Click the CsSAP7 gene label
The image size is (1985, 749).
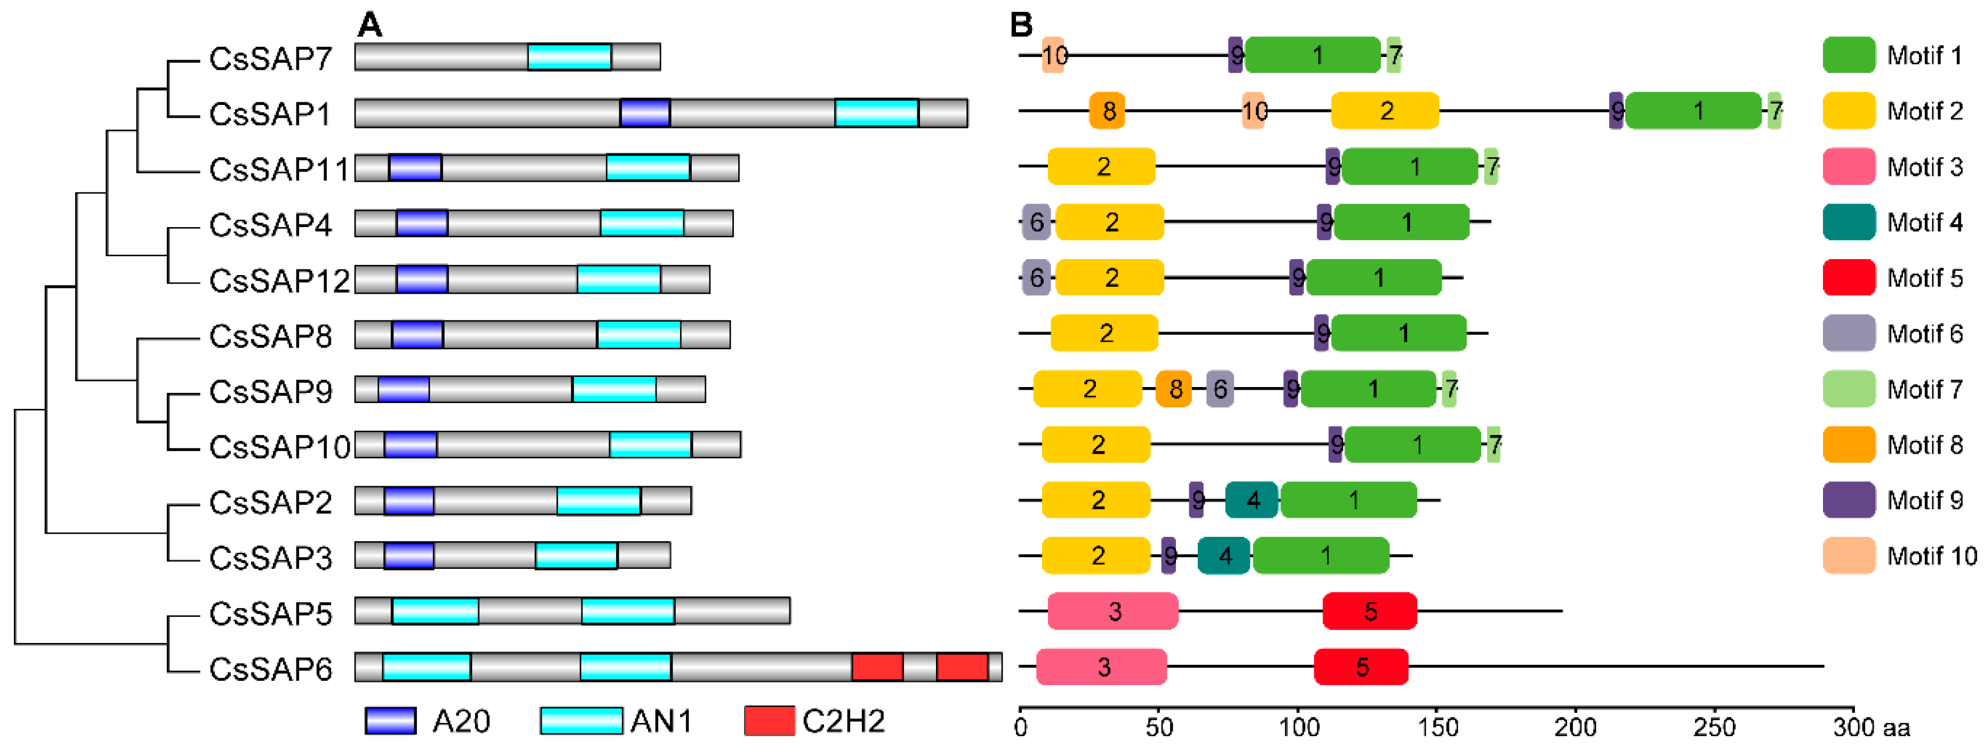tap(270, 59)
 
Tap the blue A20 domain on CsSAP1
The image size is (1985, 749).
tap(645, 113)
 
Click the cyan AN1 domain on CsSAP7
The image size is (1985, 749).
tap(569, 57)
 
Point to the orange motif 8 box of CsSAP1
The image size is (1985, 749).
tap(1107, 111)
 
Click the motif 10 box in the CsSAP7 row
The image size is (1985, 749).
tap(1053, 55)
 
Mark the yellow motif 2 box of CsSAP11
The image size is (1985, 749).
tap(1101, 166)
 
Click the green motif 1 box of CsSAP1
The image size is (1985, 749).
tap(1694, 111)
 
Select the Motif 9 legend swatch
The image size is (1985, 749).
tap(1849, 500)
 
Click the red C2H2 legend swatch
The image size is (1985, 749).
tap(769, 721)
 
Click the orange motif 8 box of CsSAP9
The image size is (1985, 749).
tap(1174, 389)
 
